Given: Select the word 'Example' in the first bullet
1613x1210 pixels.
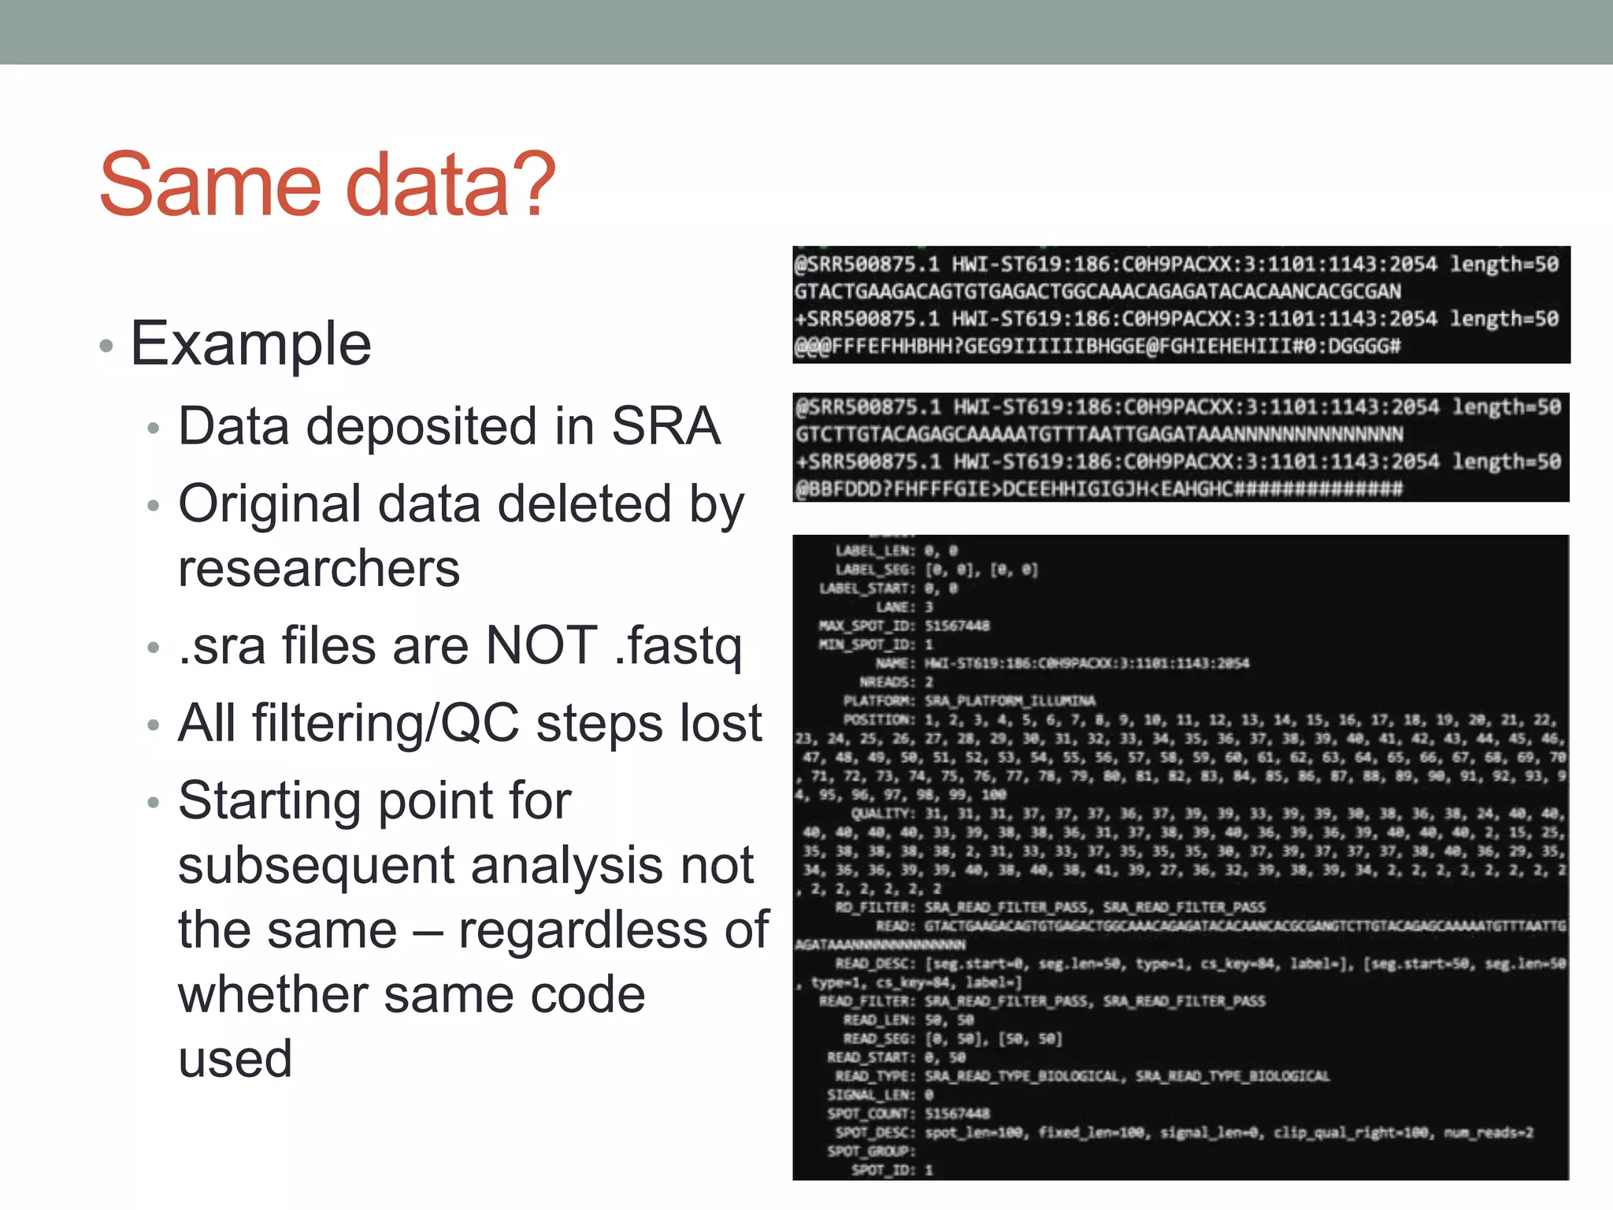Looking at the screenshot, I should click(250, 344).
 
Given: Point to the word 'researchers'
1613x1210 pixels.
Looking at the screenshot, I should click(319, 568).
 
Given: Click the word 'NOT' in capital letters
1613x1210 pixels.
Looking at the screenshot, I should click(542, 645).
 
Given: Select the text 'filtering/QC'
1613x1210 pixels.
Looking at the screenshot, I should click(385, 723).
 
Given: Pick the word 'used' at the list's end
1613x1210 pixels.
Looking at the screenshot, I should click(235, 1059).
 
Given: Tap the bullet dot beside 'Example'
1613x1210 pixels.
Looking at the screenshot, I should click(107, 347).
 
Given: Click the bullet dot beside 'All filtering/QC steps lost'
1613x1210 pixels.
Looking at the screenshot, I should click(154, 726).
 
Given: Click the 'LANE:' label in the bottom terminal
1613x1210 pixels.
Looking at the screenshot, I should click(895, 607).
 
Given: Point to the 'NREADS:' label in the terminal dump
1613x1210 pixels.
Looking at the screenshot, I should click(887, 682).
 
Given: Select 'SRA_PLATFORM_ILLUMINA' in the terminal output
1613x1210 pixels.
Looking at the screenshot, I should click(1010, 701).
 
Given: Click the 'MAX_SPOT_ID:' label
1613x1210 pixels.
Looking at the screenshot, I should click(866, 626).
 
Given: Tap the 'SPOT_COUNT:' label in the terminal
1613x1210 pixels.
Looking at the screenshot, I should click(870, 1114).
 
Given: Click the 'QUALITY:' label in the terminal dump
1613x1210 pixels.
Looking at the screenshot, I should click(883, 814).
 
